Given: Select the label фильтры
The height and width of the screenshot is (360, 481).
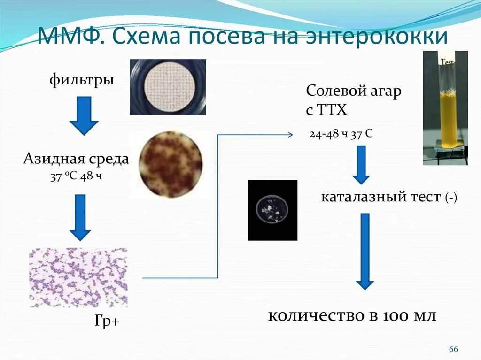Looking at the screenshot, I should [82, 80].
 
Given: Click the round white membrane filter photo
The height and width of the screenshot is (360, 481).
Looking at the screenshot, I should [168, 87].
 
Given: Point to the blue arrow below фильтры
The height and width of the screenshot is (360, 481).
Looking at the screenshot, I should [84, 115].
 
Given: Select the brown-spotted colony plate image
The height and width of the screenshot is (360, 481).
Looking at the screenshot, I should [171, 164].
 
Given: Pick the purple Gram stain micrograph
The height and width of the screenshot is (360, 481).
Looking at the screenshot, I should [78, 277].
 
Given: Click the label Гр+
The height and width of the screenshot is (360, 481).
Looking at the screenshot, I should [107, 322].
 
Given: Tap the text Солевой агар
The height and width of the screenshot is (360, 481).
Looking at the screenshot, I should [354, 91].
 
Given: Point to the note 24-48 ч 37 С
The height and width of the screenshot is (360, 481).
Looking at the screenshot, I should [341, 134].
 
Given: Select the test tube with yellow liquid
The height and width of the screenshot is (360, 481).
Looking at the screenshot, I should [445, 108].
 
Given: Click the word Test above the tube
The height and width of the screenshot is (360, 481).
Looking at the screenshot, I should [447, 61].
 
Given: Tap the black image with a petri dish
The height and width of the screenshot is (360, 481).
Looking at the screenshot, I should [272, 210].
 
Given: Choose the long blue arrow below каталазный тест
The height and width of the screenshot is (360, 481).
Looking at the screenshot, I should [365, 252].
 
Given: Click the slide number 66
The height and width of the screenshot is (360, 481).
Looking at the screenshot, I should [453, 349].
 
